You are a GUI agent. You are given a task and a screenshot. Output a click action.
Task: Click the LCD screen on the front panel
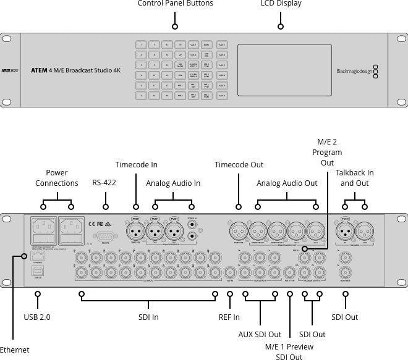281,70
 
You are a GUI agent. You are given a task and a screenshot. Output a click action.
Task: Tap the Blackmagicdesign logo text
354,71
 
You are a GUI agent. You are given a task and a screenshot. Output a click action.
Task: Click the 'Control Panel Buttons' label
175,4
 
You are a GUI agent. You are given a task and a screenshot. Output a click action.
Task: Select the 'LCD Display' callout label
281,4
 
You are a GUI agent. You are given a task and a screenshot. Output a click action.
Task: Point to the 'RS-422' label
104,183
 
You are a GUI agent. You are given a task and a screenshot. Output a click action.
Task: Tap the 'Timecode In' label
136,165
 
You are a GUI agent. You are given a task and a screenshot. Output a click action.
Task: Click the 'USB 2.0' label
37,317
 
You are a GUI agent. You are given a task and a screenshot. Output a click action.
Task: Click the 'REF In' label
229,317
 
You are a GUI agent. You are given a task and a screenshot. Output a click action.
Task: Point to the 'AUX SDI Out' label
260,335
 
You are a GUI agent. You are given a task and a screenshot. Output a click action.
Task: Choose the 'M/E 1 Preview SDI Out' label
289,351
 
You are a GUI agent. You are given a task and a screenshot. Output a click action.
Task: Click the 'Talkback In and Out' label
354,178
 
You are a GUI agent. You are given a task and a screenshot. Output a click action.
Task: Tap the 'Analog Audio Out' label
287,183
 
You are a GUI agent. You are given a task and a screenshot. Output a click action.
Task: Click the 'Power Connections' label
57,178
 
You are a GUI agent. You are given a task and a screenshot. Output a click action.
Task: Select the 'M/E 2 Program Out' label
327,152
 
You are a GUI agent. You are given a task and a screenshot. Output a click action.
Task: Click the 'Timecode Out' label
239,165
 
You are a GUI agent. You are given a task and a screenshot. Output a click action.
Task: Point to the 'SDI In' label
148,317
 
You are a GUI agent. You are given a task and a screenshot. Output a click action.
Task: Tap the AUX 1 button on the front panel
223,45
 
